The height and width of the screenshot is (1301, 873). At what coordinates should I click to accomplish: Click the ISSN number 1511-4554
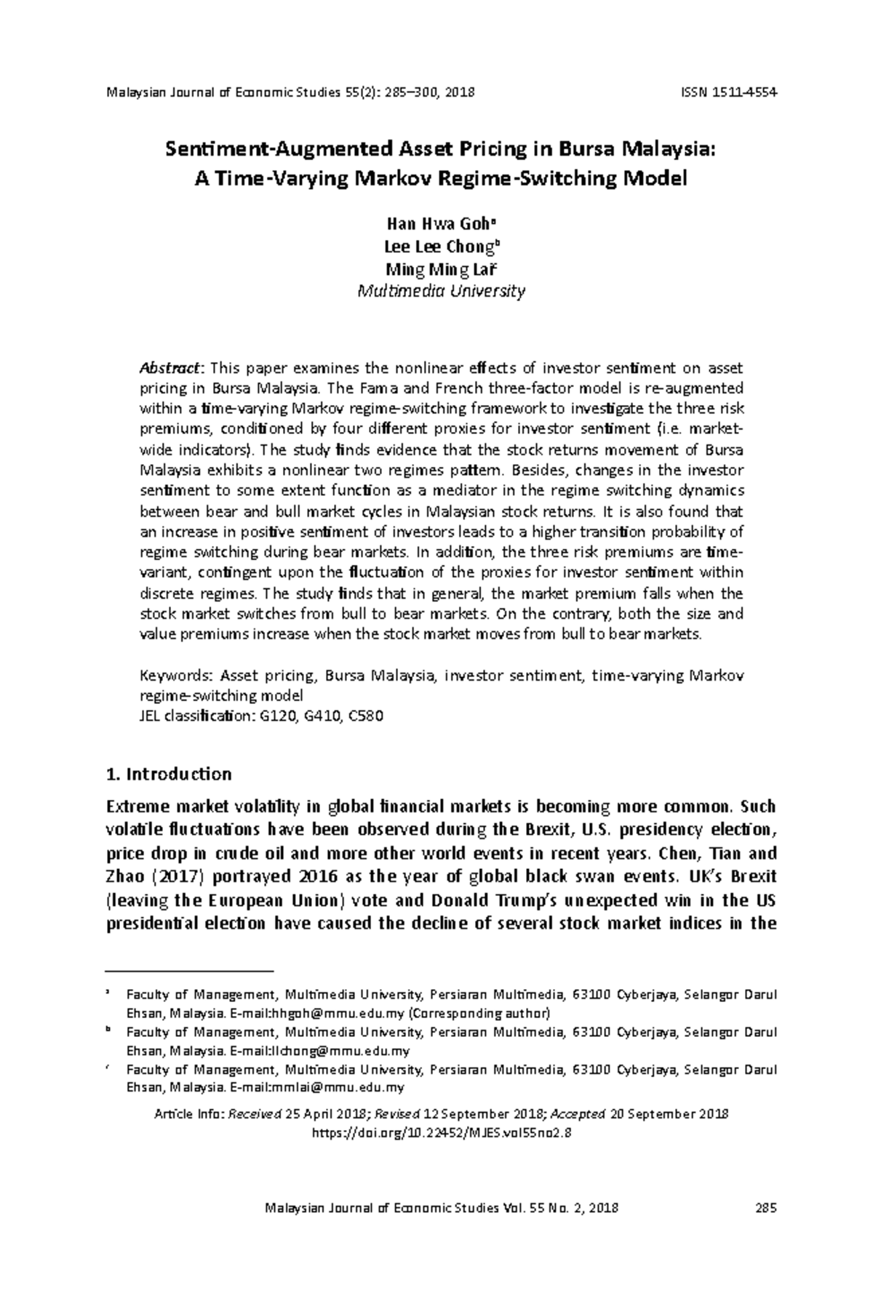743,92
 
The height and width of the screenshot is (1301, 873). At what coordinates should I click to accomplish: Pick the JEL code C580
366,716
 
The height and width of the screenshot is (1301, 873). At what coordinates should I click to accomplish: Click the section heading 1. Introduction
169,774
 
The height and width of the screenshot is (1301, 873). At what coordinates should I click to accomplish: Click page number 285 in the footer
767,1208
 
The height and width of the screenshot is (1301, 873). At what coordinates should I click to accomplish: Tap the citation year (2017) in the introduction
175,876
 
